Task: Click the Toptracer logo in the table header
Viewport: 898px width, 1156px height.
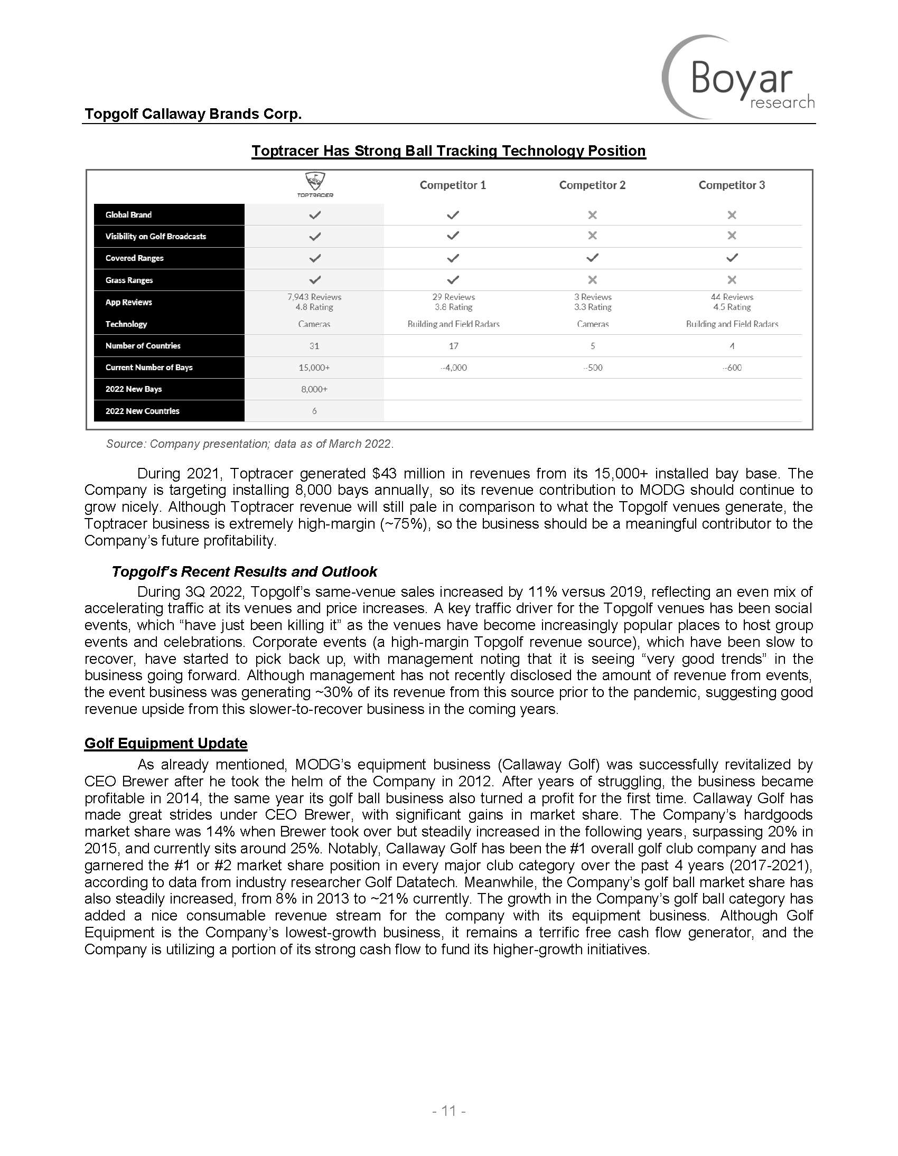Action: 314,185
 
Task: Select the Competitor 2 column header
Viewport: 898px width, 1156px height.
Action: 592,185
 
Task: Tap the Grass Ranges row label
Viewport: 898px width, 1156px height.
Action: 129,280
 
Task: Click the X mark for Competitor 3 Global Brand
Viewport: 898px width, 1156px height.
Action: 731,215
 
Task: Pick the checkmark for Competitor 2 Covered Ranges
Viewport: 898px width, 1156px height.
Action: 592,258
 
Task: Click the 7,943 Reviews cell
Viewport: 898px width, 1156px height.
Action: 314,297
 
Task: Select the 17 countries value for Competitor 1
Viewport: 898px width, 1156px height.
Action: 453,346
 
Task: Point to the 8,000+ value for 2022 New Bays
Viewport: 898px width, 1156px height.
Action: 314,390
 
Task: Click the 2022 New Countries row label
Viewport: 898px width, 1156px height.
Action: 143,411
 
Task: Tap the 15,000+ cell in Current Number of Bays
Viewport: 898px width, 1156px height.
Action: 314,368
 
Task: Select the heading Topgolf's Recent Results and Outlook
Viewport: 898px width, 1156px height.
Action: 244,572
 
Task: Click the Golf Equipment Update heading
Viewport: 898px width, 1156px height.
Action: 166,744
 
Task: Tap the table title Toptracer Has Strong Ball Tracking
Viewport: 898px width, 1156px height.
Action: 448,152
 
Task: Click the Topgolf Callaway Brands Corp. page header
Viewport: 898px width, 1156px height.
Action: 193,114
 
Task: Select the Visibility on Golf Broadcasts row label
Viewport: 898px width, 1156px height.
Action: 156,237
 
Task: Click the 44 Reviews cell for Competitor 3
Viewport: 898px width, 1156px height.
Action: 731,297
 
